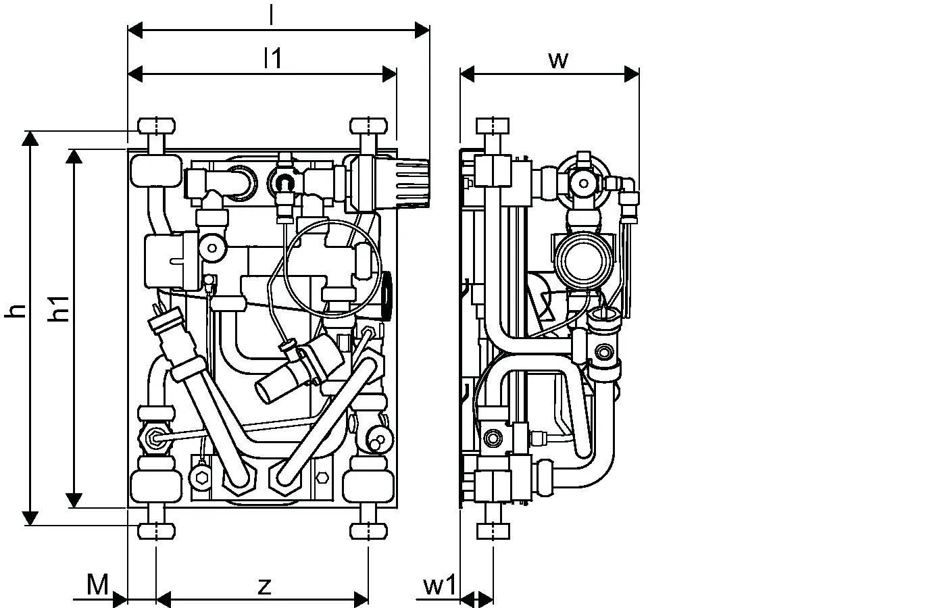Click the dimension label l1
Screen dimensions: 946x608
[x=272, y=58]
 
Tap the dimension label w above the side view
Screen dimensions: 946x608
[x=558, y=60]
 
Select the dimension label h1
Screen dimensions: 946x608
[x=59, y=309]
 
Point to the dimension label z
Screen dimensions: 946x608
[x=264, y=586]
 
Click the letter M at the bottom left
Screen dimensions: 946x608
[x=97, y=584]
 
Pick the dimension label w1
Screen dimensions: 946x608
[x=440, y=585]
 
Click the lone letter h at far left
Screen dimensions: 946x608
[x=15, y=311]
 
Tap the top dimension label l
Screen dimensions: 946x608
[x=272, y=15]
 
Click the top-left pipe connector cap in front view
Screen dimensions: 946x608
[x=156, y=126]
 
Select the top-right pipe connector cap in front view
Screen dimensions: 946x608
[x=369, y=126]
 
